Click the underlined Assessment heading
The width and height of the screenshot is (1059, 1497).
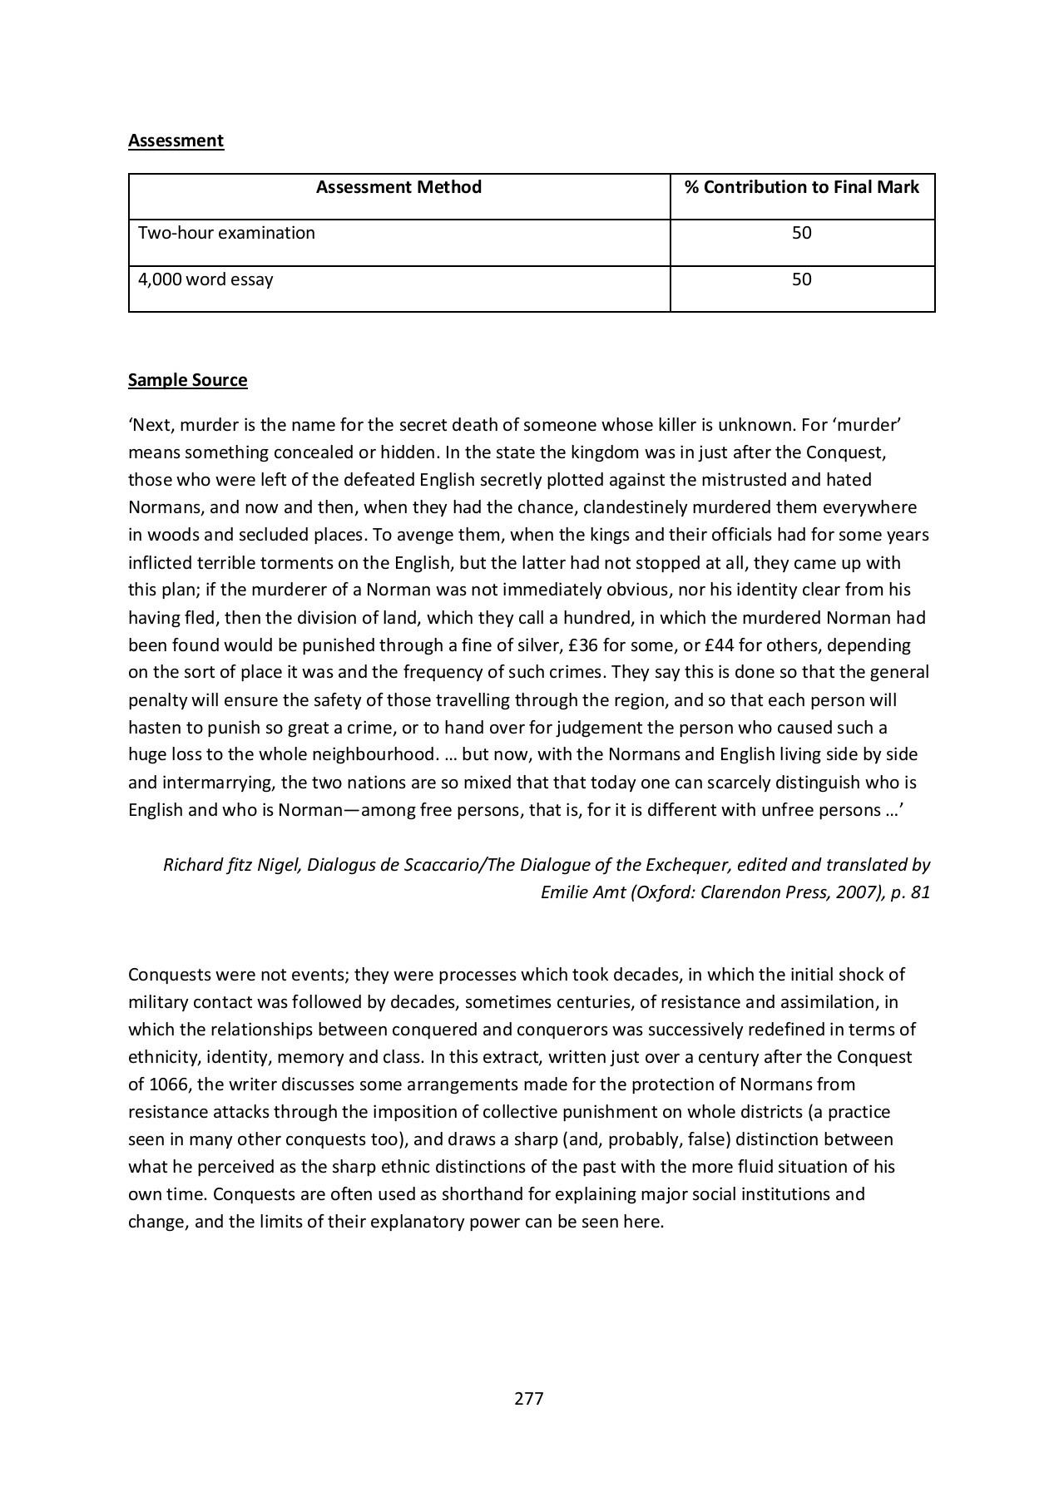pyautogui.click(x=176, y=141)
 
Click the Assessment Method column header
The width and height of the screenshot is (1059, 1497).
pyautogui.click(x=398, y=187)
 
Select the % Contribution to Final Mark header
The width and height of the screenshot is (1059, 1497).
pyautogui.click(x=801, y=187)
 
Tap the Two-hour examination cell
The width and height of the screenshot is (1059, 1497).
pyautogui.click(x=226, y=233)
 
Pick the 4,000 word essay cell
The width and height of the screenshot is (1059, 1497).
pyautogui.click(x=205, y=279)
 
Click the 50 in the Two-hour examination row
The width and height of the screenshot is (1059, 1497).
pyautogui.click(x=801, y=233)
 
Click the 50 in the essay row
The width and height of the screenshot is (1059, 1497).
pyautogui.click(x=801, y=279)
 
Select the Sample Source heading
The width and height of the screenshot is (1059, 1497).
pyautogui.click(x=187, y=380)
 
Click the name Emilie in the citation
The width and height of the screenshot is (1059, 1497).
pyautogui.click(x=566, y=892)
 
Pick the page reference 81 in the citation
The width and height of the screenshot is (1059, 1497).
pyautogui.click(x=920, y=892)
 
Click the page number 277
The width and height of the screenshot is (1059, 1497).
pyautogui.click(x=529, y=1399)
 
